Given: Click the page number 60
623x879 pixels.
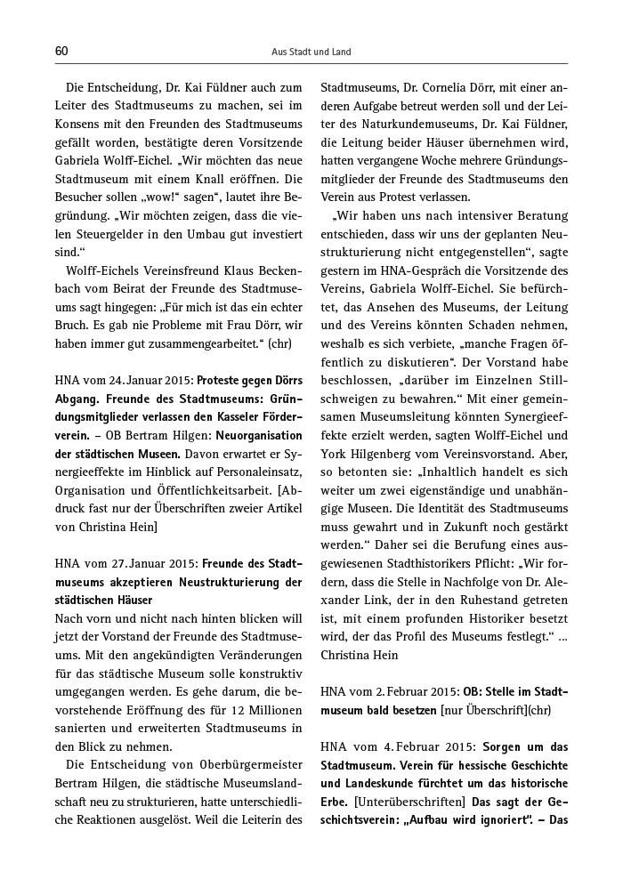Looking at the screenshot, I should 61,52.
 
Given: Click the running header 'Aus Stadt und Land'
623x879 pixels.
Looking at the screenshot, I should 311,52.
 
